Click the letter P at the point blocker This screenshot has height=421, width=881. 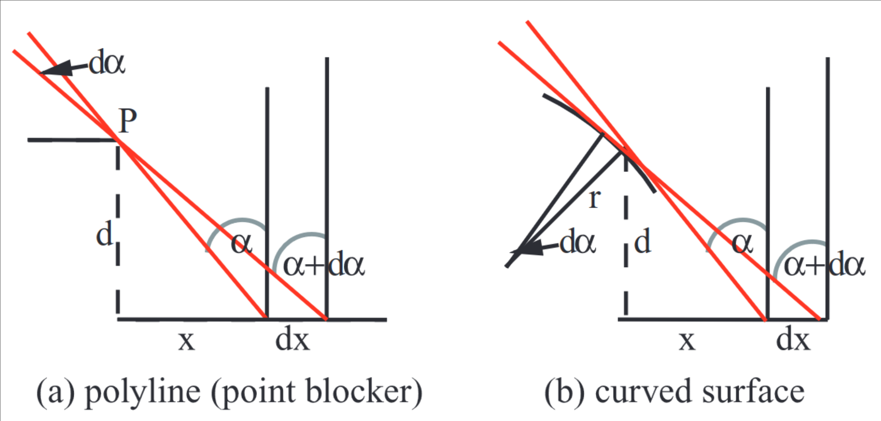(128, 121)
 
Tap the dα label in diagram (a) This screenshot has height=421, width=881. (107, 63)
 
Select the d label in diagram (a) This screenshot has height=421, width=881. (104, 234)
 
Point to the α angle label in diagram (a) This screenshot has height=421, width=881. (242, 243)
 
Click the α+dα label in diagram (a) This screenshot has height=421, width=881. (324, 264)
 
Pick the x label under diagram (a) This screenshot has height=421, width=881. (186, 340)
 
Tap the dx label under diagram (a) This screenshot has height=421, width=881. (292, 340)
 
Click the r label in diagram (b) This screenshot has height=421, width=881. (595, 198)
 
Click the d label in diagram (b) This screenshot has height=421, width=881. (643, 241)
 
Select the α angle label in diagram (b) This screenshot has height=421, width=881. (742, 243)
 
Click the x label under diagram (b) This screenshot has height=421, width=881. (687, 340)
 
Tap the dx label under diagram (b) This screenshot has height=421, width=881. (793, 340)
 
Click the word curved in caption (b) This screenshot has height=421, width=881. (642, 392)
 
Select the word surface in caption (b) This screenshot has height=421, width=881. (753, 391)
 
